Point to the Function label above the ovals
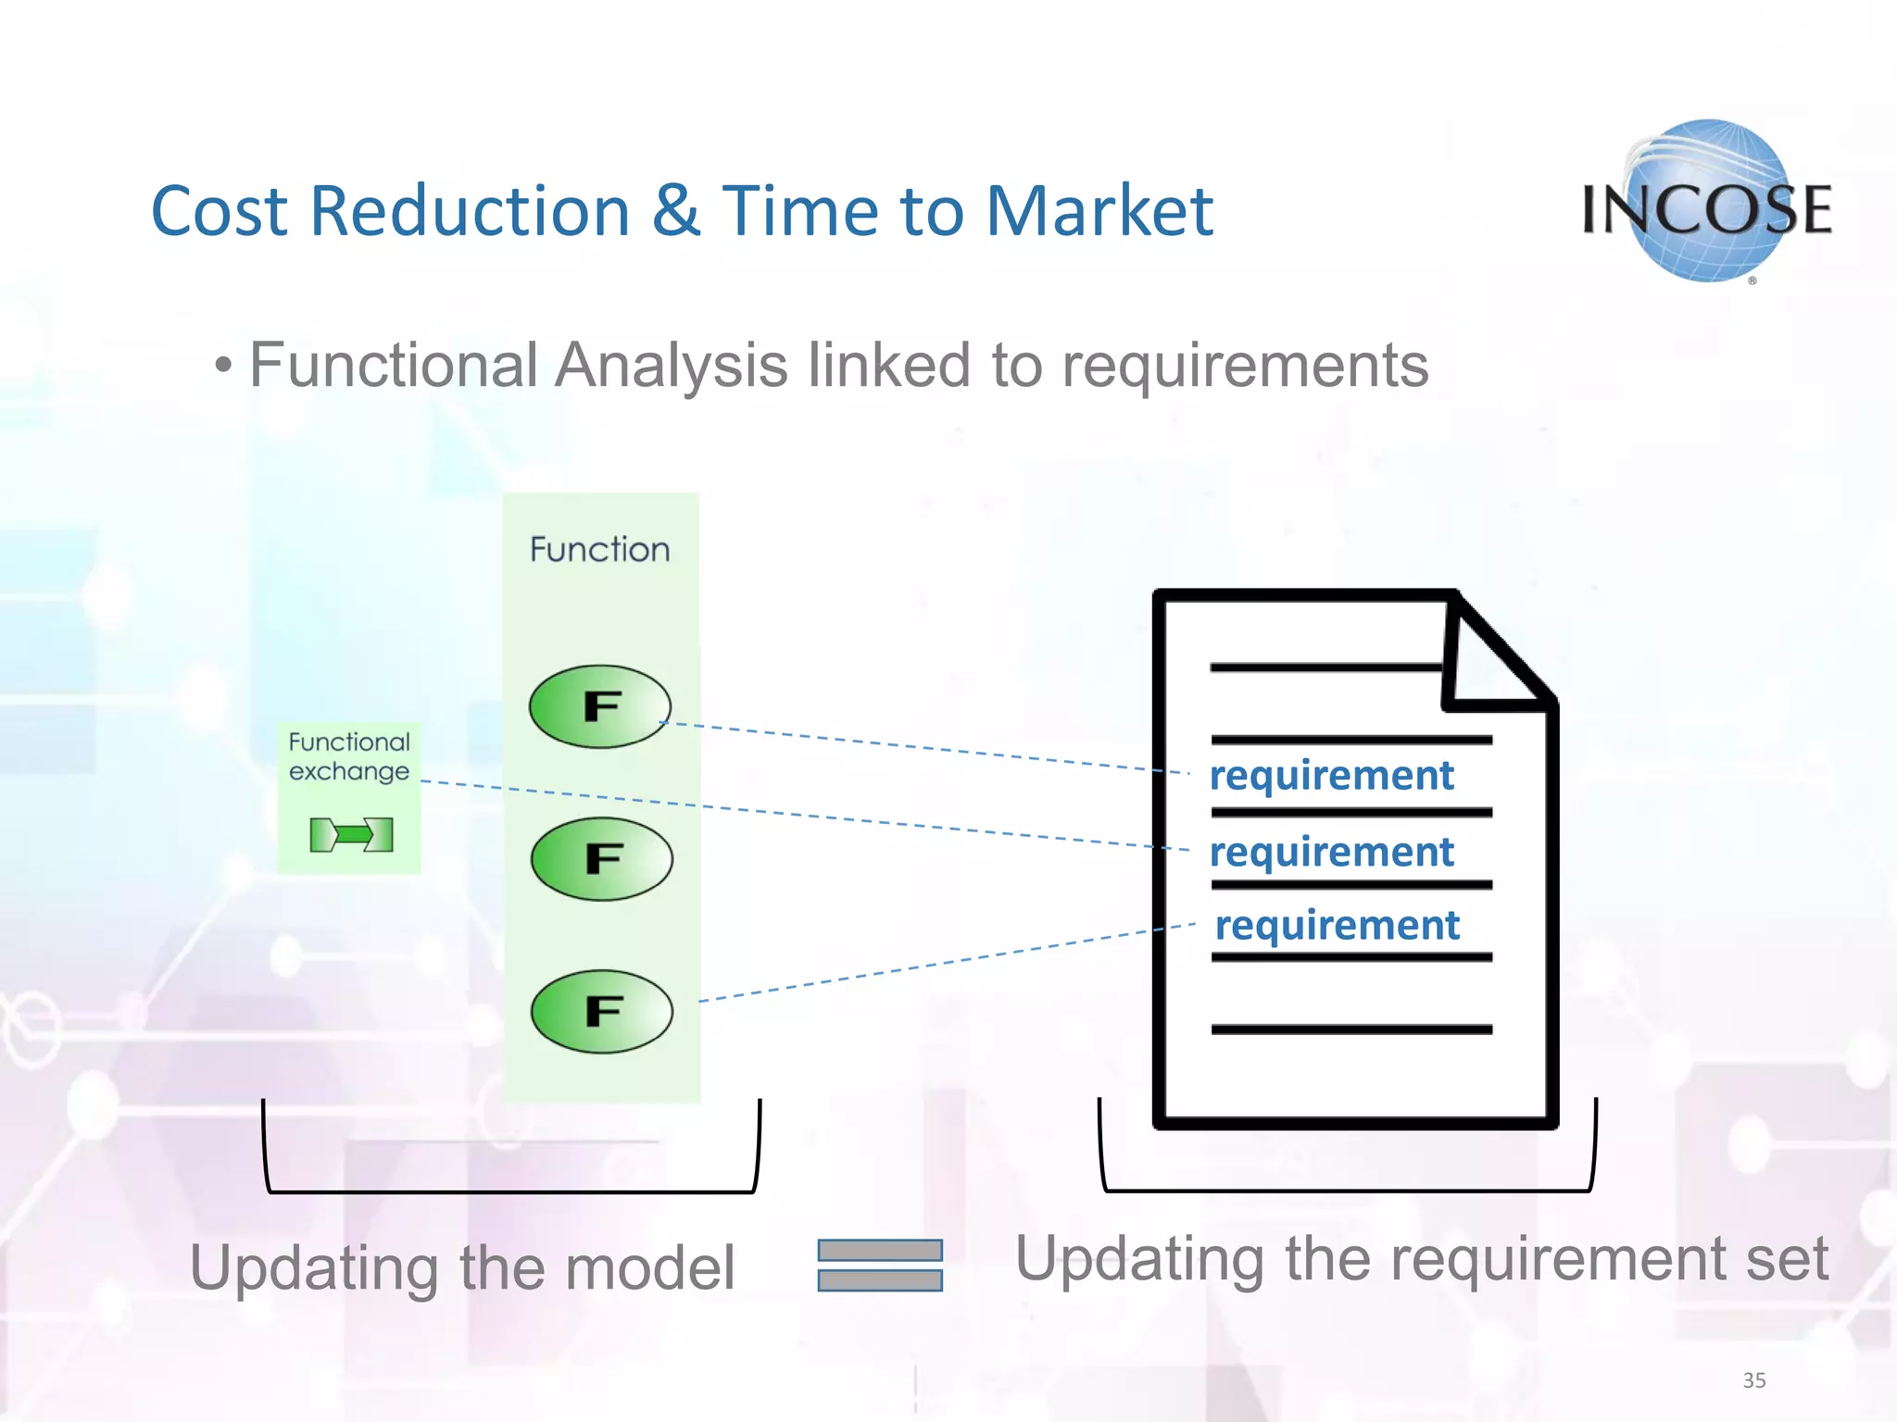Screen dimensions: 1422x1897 point(599,550)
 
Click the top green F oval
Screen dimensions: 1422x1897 point(599,706)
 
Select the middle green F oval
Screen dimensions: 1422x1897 point(601,859)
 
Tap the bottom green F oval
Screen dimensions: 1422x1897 point(601,1011)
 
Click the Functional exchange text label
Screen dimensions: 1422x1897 point(348,756)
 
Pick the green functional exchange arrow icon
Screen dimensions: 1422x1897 point(351,835)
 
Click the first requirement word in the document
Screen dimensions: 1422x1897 point(1331,776)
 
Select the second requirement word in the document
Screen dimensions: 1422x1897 point(1331,852)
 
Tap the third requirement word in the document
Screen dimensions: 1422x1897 point(1337,925)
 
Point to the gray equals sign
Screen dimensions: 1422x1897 point(879,1265)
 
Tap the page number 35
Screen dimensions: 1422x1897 point(1753,1380)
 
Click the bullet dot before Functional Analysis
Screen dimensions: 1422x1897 point(222,367)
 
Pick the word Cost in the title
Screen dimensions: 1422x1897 point(220,211)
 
